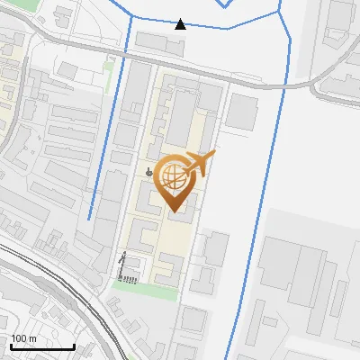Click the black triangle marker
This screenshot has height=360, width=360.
[x=181, y=23]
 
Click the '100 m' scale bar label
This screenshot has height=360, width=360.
[x=23, y=338]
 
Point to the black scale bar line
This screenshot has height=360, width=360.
[x=41, y=346]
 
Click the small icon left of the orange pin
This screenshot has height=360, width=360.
[x=148, y=171]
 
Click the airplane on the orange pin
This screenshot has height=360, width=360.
[x=199, y=163]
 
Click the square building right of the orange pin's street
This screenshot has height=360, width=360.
[x=241, y=111]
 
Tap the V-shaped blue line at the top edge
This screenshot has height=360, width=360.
[x=225, y=4]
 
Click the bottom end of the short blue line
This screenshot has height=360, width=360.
[x=88, y=219]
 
